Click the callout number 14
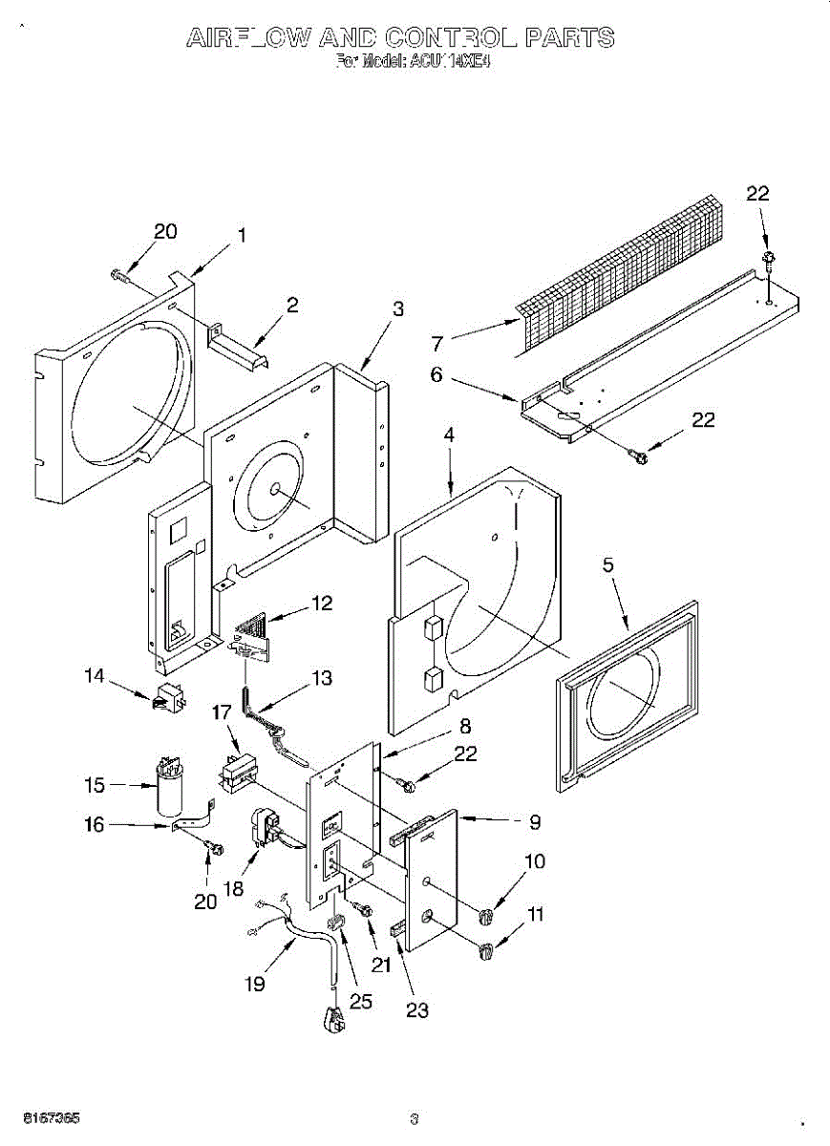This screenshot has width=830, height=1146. (x=94, y=676)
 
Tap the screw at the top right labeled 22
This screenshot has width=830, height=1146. (x=768, y=259)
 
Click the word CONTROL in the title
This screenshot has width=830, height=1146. (x=451, y=37)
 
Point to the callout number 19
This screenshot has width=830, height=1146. (x=254, y=983)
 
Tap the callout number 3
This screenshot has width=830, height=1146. (x=398, y=308)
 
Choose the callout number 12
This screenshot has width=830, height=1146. (x=321, y=604)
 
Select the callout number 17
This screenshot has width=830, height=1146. (x=222, y=711)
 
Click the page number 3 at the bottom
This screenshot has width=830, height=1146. (x=414, y=1119)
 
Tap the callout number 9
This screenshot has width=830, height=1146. (x=535, y=820)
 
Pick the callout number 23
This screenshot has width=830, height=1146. (x=417, y=1009)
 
